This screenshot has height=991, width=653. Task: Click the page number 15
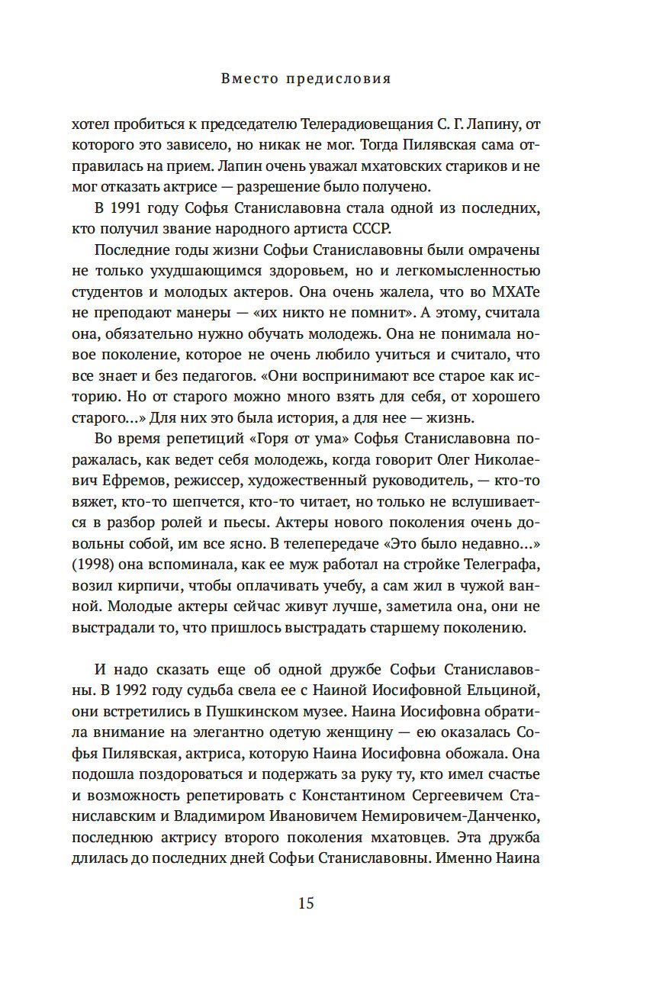[x=305, y=903]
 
